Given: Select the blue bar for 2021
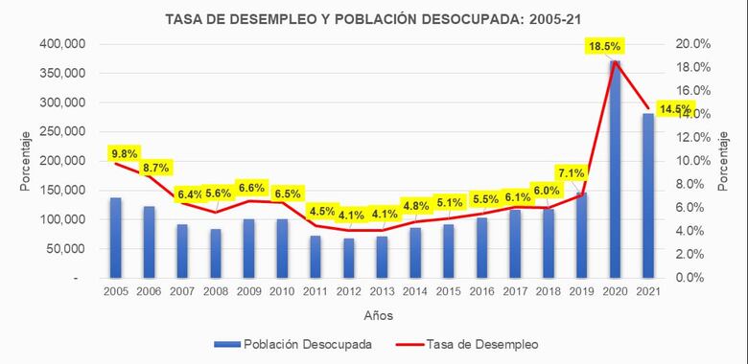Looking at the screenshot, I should pos(648,195).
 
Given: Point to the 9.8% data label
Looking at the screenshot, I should pos(125,152).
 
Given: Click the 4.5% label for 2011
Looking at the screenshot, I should pos(323,211).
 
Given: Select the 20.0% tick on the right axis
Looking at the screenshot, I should pos(693,44).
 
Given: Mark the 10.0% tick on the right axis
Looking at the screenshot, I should pos(693,161).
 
